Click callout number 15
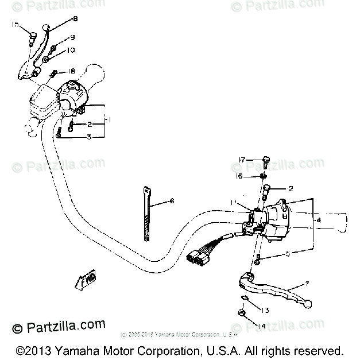(15, 25)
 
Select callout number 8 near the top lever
(75, 19)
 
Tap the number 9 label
(72, 37)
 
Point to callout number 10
(71, 51)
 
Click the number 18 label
(71, 71)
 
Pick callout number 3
(88, 137)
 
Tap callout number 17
(242, 160)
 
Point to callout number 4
(319, 219)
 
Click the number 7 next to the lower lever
(307, 284)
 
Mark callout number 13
(265, 311)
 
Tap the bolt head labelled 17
(266, 159)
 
